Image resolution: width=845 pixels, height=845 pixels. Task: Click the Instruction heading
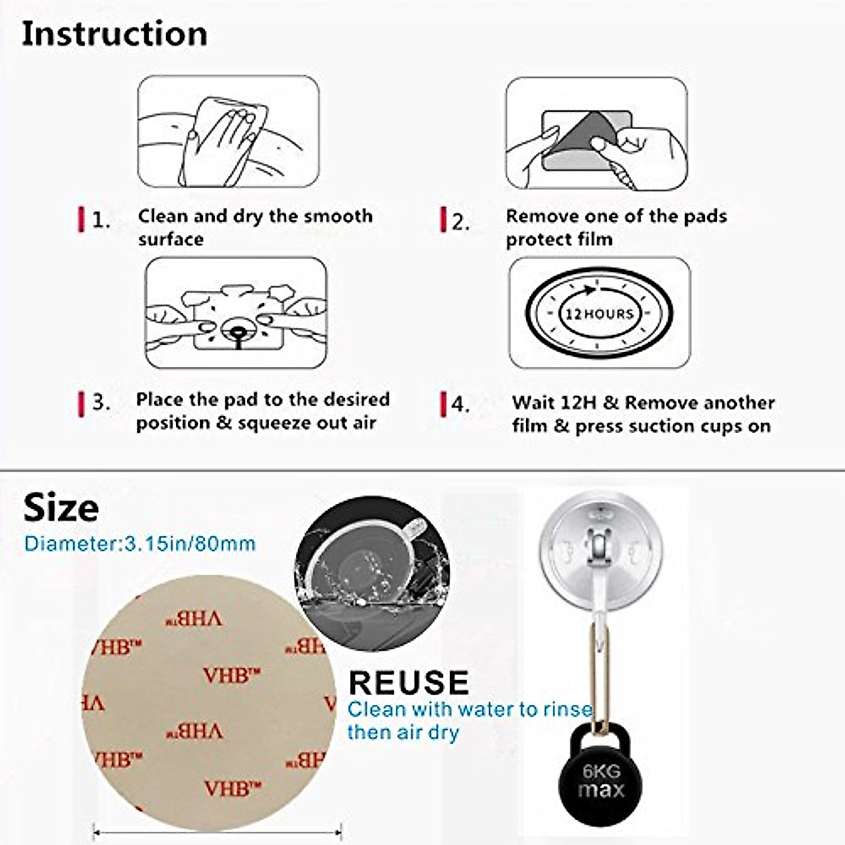pyautogui.click(x=114, y=34)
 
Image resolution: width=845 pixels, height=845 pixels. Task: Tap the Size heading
pyautogui.click(x=61, y=508)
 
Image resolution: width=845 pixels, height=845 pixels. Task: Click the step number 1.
pyautogui.click(x=101, y=221)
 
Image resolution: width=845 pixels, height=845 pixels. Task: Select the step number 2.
pyautogui.click(x=461, y=223)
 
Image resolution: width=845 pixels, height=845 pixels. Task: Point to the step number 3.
pyautogui.click(x=101, y=402)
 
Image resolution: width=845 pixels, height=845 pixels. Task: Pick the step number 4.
pyautogui.click(x=460, y=405)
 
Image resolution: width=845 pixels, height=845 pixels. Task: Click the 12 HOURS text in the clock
pyautogui.click(x=599, y=313)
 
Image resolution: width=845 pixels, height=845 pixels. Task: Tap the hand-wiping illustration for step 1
pyautogui.click(x=228, y=132)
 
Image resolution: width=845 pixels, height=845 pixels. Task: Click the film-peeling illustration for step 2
pyautogui.click(x=596, y=134)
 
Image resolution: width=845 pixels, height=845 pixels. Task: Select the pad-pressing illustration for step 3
pyautogui.click(x=236, y=313)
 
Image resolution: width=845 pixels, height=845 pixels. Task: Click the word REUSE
pyautogui.click(x=408, y=682)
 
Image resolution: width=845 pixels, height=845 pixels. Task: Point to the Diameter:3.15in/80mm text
pyautogui.click(x=139, y=544)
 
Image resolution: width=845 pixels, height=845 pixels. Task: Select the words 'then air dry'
pyautogui.click(x=403, y=732)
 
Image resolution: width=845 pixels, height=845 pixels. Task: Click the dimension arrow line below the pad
pyautogui.click(x=217, y=831)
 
